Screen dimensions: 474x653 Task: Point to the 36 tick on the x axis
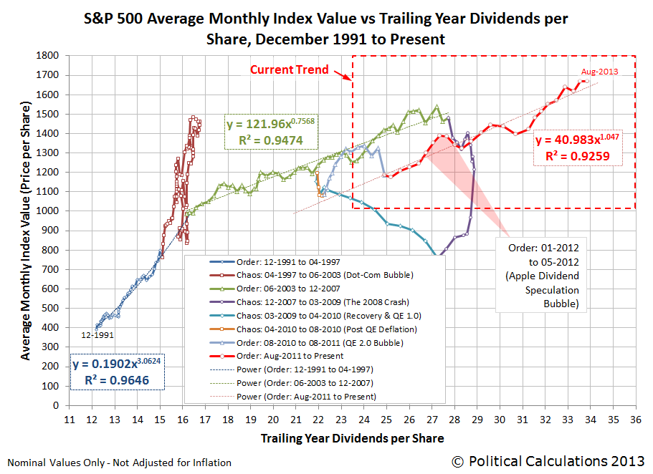pyautogui.click(x=634, y=419)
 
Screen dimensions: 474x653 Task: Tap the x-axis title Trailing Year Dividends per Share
pyautogui.click(x=351, y=438)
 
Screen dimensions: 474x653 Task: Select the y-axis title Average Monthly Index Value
pyautogui.click(x=25, y=229)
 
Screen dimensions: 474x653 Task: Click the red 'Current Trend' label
pyautogui.click(x=289, y=69)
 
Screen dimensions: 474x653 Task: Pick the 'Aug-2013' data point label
pyautogui.click(x=599, y=72)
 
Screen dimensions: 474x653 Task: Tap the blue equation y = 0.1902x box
pyautogui.click(x=118, y=370)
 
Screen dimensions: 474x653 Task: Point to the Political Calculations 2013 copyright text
pyautogui.click(x=548, y=462)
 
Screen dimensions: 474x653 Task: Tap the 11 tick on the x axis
pyautogui.click(x=70, y=419)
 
